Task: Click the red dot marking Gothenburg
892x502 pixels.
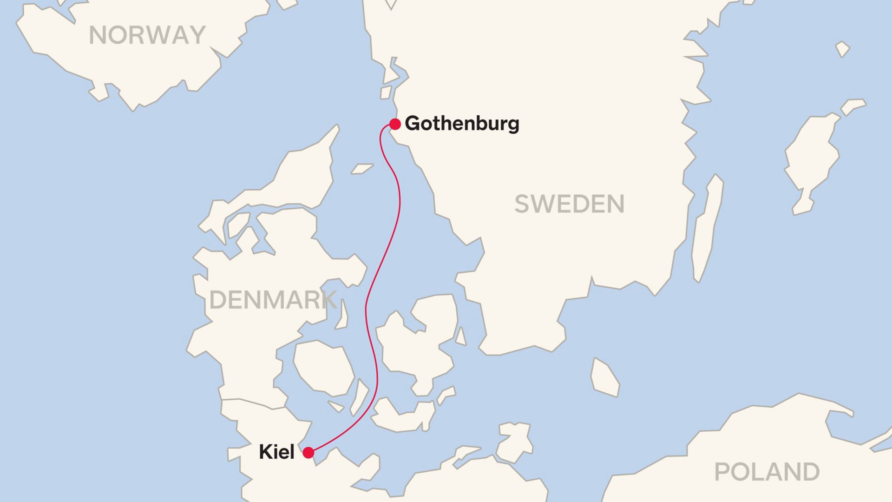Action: (395, 124)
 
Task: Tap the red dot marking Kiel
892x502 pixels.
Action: (308, 453)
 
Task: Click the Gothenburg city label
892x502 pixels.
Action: (462, 124)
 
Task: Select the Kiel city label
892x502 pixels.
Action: (276, 452)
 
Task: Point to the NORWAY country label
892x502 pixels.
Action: (147, 35)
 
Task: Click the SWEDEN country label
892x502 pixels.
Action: (569, 204)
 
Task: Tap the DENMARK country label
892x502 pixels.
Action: (273, 300)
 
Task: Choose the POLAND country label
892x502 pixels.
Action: (767, 472)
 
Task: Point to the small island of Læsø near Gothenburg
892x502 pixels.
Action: (362, 168)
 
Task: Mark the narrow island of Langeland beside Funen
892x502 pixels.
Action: (359, 398)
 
